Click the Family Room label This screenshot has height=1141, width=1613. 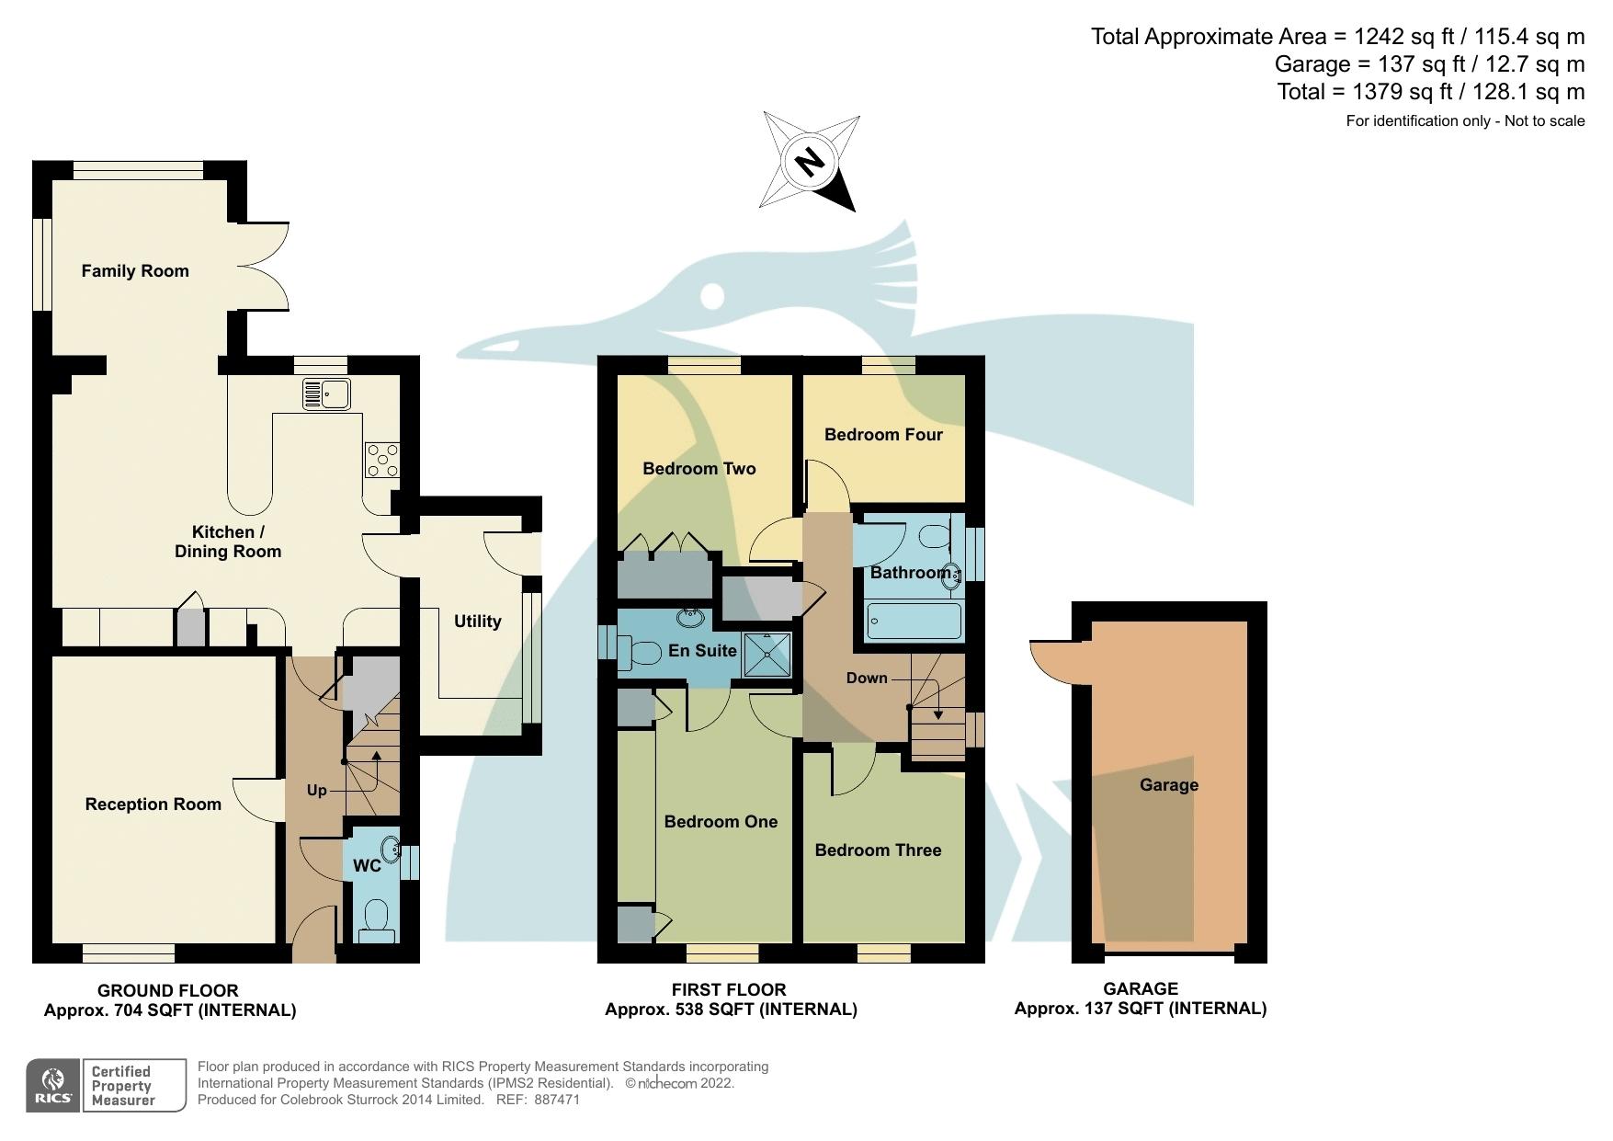(x=135, y=271)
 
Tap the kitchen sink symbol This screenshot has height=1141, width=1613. (x=326, y=394)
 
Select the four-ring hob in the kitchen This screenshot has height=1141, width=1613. (x=382, y=460)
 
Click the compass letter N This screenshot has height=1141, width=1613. (x=809, y=163)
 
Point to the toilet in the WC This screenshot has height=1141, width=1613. (x=376, y=919)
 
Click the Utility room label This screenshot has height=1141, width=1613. (x=477, y=622)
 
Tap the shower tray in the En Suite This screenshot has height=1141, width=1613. (x=767, y=654)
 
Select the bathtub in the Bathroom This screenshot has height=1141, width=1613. (x=914, y=621)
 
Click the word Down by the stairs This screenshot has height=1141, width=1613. (x=867, y=679)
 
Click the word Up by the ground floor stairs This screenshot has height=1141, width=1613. (x=316, y=791)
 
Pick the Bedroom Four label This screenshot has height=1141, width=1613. (x=883, y=435)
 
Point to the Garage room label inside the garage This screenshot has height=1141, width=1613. (x=1168, y=785)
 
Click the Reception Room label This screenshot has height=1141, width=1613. (x=153, y=804)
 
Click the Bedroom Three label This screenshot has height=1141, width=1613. (x=878, y=850)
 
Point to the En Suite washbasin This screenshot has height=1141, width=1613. (x=689, y=617)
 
